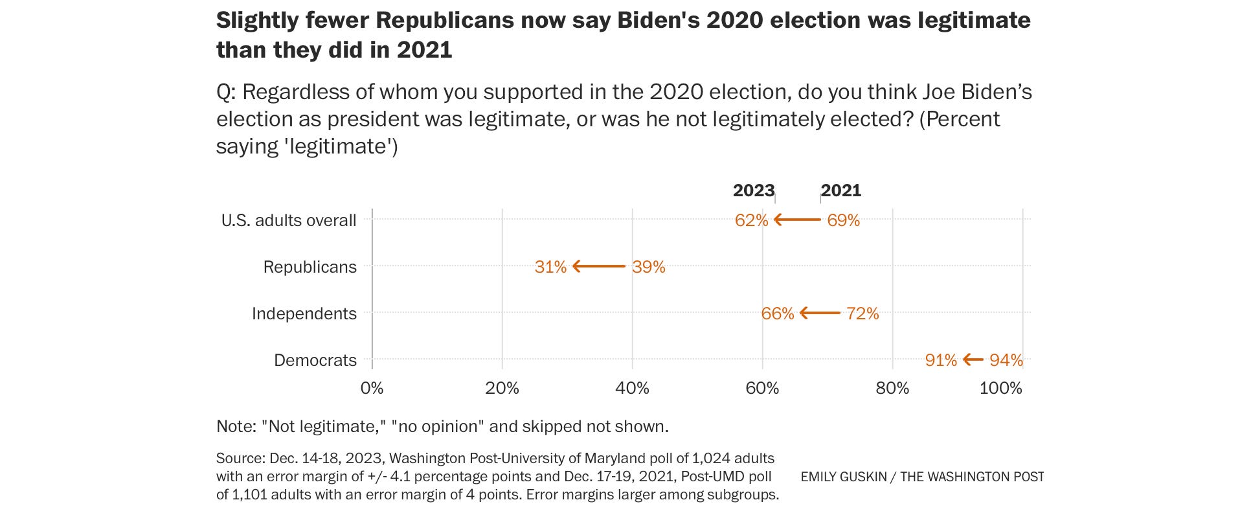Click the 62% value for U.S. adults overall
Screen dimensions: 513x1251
[x=751, y=220]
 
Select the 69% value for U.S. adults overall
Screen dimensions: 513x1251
[x=843, y=220]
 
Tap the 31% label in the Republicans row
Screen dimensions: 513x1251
[x=550, y=267]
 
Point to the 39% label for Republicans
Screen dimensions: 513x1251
[x=649, y=267]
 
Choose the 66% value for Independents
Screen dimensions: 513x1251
[x=777, y=313]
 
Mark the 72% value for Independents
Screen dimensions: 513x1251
[x=862, y=313]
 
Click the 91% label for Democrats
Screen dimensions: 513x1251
[x=941, y=360]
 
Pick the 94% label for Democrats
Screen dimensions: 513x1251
[x=1006, y=360]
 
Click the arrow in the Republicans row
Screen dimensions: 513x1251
[x=599, y=266]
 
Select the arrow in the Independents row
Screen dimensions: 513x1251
[x=820, y=313]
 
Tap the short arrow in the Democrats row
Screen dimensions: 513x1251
[x=973, y=359]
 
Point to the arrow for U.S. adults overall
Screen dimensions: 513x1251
[x=797, y=220]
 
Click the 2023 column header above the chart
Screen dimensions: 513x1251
[x=753, y=190]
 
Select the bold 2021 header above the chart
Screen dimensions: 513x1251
[x=841, y=190]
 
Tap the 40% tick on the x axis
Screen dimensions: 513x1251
[x=632, y=388]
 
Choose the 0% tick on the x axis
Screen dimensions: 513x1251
[x=372, y=388]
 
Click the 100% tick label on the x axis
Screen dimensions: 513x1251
[x=1001, y=388]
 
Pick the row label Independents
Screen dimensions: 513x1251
[x=304, y=313]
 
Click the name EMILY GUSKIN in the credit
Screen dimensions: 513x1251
[x=842, y=477]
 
